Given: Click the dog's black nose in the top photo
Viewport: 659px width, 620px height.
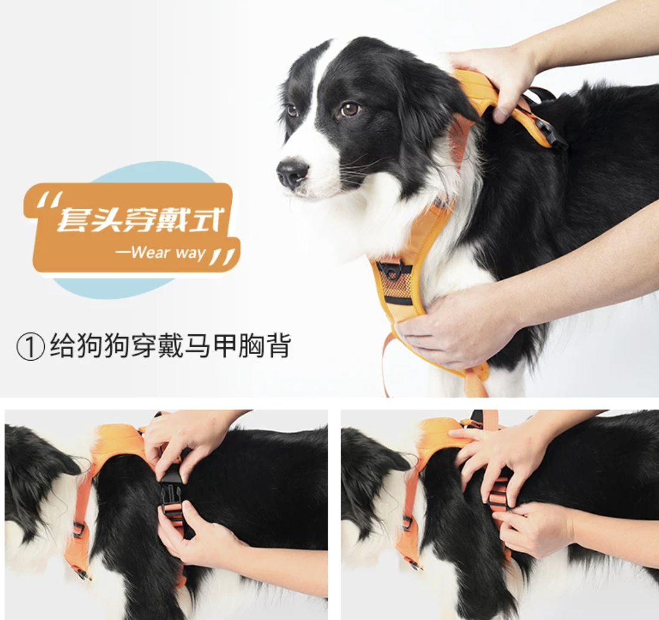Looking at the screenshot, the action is [292, 172].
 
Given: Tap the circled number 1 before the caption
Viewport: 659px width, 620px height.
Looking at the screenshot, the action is [30, 347].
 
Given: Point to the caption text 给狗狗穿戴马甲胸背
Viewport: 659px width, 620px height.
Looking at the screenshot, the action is [170, 346].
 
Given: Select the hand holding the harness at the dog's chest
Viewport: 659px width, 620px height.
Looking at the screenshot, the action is [456, 324].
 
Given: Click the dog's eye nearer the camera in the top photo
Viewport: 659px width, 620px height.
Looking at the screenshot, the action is [350, 109].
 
